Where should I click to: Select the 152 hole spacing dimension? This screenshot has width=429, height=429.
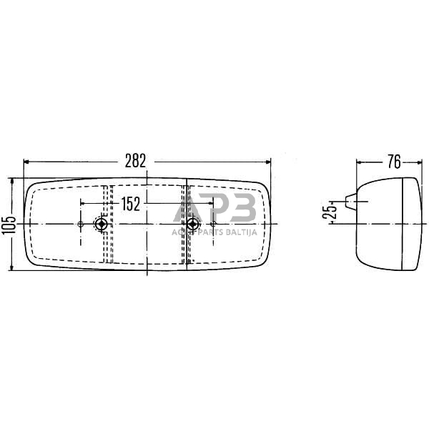pyautogui.click(x=130, y=204)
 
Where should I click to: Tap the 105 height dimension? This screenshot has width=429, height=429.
pyautogui.click(x=6, y=225)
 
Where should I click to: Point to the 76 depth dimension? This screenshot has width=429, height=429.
pyautogui.click(x=393, y=162)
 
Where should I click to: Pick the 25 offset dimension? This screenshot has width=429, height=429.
pyautogui.click(x=329, y=212)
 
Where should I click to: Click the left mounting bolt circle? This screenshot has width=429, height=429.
pyautogui.click(x=102, y=225)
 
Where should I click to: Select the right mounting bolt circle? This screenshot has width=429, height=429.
pyautogui.click(x=191, y=225)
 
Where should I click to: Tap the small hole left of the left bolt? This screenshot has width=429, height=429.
pyautogui.click(x=79, y=225)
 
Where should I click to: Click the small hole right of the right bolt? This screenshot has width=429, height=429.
pyautogui.click(x=213, y=225)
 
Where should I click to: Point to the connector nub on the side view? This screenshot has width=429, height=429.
pyautogui.click(x=350, y=203)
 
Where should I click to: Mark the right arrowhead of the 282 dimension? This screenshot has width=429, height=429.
pyautogui.click(x=268, y=162)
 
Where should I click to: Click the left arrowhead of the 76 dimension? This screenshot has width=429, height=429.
pyautogui.click(x=360, y=162)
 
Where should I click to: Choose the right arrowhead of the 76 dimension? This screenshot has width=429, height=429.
pyautogui.click(x=418, y=162)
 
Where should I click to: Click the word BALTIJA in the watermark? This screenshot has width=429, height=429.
pyautogui.click(x=238, y=232)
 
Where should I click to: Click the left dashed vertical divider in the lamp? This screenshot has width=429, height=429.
pyautogui.click(x=107, y=223)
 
